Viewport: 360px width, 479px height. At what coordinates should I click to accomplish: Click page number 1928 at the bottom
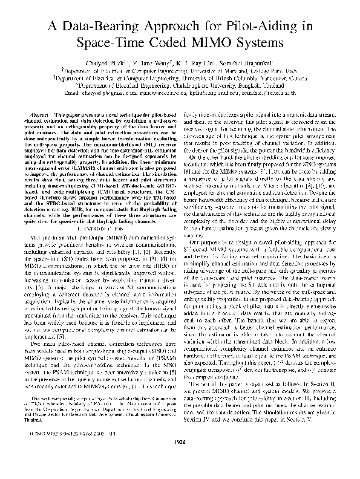tap(180, 459)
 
